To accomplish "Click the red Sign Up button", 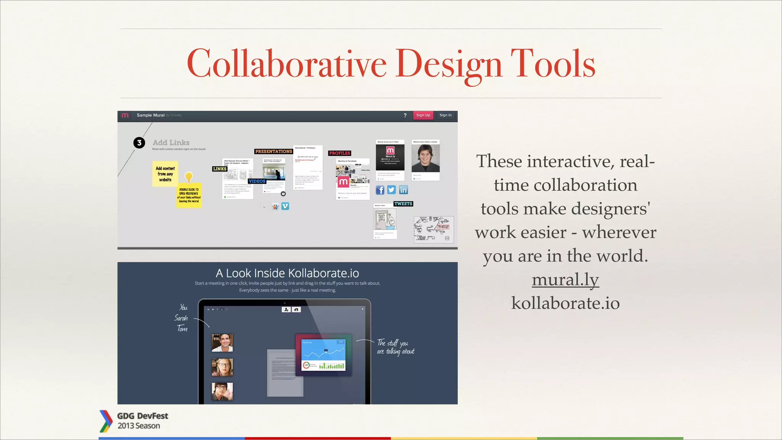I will point(423,115).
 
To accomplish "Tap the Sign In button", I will point(445,115).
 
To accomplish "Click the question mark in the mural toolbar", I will point(405,115).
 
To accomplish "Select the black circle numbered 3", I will point(139,143).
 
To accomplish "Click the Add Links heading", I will point(171,142).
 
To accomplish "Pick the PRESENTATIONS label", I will point(273,152).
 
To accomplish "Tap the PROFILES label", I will point(339,153).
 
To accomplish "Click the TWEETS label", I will point(403,204).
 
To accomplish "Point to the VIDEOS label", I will point(257,181).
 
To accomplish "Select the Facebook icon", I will point(380,190).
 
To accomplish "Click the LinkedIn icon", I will point(404,190).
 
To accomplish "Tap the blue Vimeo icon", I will point(285,206).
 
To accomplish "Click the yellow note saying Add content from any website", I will point(165,174).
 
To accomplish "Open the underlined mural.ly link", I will point(565,280).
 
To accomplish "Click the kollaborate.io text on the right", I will point(565,303).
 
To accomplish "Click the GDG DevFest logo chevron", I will point(105,421).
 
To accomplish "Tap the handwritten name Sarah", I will point(181,318).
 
